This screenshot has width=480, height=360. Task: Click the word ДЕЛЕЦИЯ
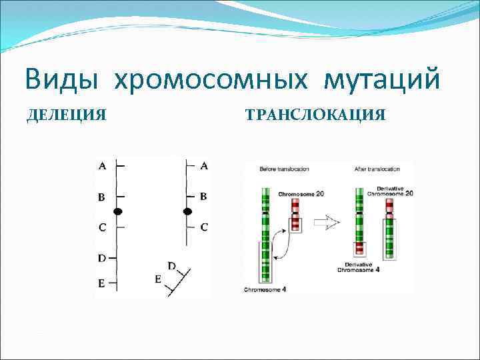point(66,115)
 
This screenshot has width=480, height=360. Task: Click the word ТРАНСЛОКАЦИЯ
point(315,115)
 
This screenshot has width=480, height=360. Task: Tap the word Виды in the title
point(62,81)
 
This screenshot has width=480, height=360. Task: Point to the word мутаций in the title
point(382,81)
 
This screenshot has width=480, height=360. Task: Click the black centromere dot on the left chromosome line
point(118,211)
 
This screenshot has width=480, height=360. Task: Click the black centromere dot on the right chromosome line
point(187,211)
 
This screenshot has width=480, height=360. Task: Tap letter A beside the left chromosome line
point(101,167)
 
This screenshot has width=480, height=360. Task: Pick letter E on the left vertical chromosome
point(101,283)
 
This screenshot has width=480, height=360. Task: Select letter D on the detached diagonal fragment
point(171,266)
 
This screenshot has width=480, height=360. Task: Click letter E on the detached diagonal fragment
point(158,279)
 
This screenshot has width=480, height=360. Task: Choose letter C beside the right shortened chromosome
point(204,227)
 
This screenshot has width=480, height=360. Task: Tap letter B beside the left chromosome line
point(101,197)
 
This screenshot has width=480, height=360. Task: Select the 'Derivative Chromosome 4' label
point(359,267)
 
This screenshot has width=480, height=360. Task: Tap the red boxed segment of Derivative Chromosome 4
point(360,248)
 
